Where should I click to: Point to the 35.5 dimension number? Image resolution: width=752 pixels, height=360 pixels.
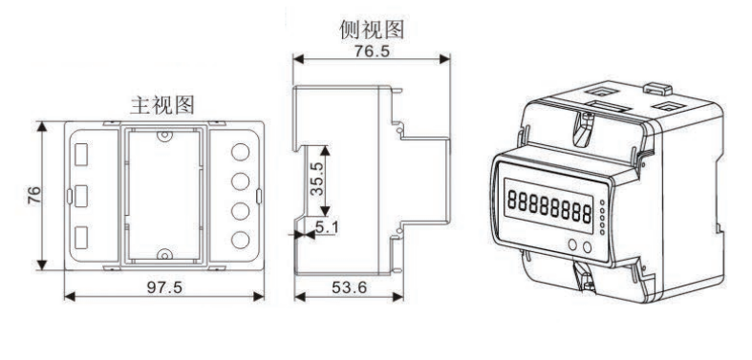point(312,180)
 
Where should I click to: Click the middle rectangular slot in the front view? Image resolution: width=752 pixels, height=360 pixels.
point(83,194)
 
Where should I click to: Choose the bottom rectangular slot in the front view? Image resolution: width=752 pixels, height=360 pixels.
point(83,236)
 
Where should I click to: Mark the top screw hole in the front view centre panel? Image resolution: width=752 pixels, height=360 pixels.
point(163,138)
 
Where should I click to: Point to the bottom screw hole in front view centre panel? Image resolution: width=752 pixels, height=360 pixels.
point(163,255)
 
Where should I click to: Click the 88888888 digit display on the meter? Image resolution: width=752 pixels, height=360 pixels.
point(548,202)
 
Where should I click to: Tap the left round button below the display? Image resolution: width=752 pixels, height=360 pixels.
point(571,244)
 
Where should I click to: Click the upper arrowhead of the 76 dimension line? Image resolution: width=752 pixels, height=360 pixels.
point(42,125)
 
